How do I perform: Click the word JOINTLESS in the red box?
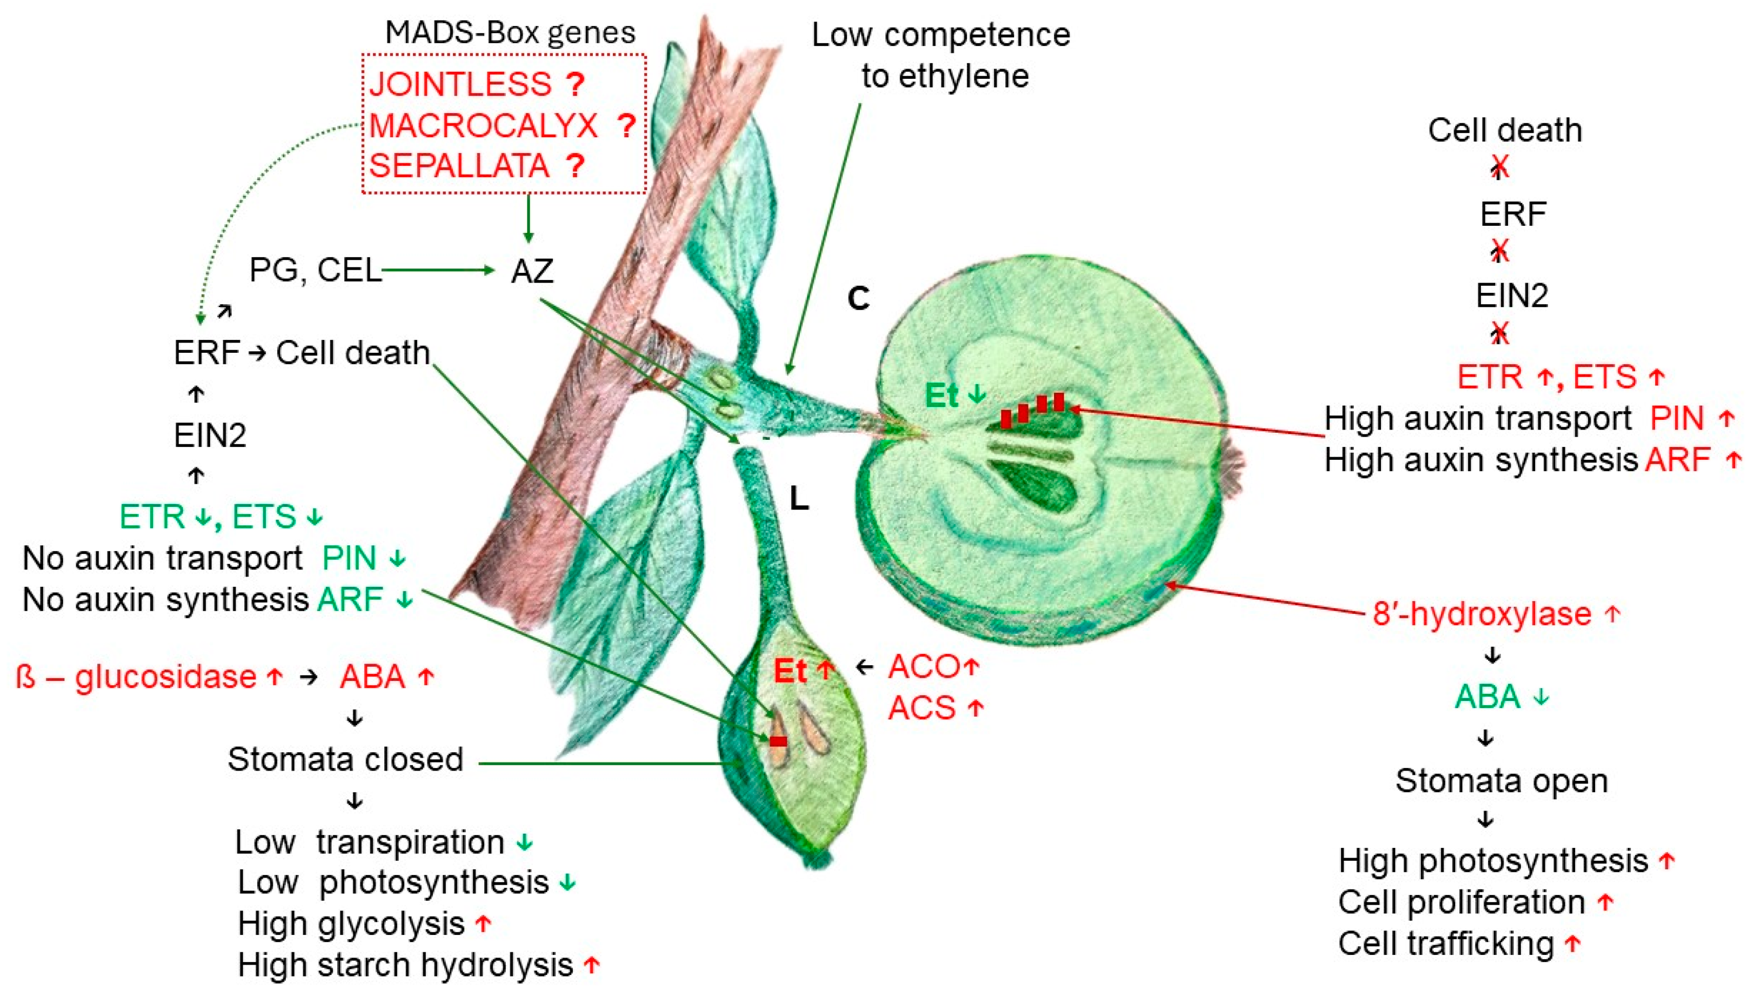[460, 84]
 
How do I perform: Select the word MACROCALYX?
[483, 125]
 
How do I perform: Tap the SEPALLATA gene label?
[459, 166]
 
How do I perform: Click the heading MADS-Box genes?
[510, 32]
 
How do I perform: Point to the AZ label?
[532, 271]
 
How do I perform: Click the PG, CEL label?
[315, 270]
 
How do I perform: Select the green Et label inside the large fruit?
[941, 396]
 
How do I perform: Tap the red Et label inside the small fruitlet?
[790, 671]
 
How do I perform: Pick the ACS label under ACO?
[922, 708]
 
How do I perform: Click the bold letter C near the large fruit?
[858, 299]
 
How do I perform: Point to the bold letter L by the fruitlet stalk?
[798, 499]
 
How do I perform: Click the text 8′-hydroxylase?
[1481, 614]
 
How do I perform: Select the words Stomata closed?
[345, 759]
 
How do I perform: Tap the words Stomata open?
[1501, 781]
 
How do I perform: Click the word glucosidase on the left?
[166, 677]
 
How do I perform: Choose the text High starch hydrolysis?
[405, 965]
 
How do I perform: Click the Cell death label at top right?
[1505, 131]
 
